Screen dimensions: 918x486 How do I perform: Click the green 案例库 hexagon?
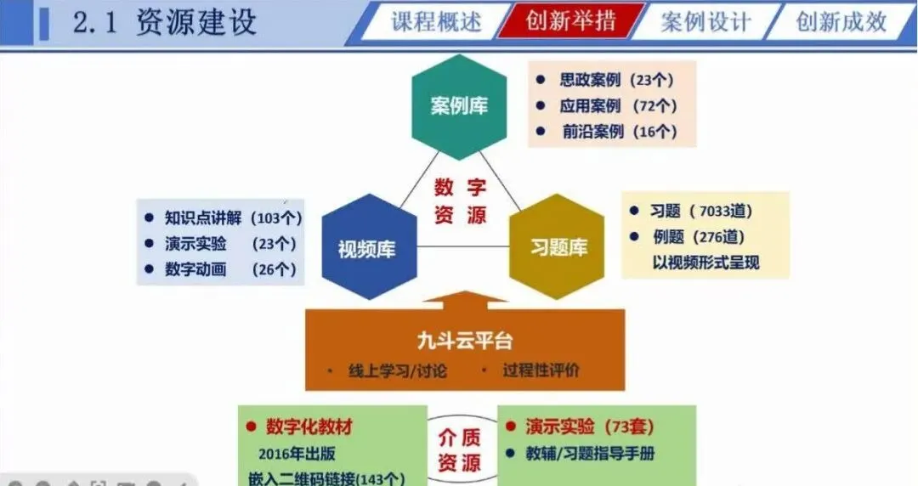(x=459, y=107)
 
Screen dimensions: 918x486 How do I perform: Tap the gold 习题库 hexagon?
(x=558, y=247)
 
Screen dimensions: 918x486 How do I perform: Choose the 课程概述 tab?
(x=434, y=21)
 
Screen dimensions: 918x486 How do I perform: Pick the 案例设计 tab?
(x=705, y=21)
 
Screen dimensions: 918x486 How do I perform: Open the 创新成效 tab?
(x=840, y=21)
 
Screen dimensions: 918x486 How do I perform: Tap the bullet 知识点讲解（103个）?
(x=233, y=218)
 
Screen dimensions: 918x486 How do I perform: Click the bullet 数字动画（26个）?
(x=230, y=269)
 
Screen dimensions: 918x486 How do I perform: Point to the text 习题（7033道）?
(x=701, y=212)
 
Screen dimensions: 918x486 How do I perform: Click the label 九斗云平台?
(x=465, y=342)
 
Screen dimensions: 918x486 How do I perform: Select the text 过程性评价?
(x=541, y=371)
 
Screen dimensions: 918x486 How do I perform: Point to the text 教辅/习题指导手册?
(x=591, y=453)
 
